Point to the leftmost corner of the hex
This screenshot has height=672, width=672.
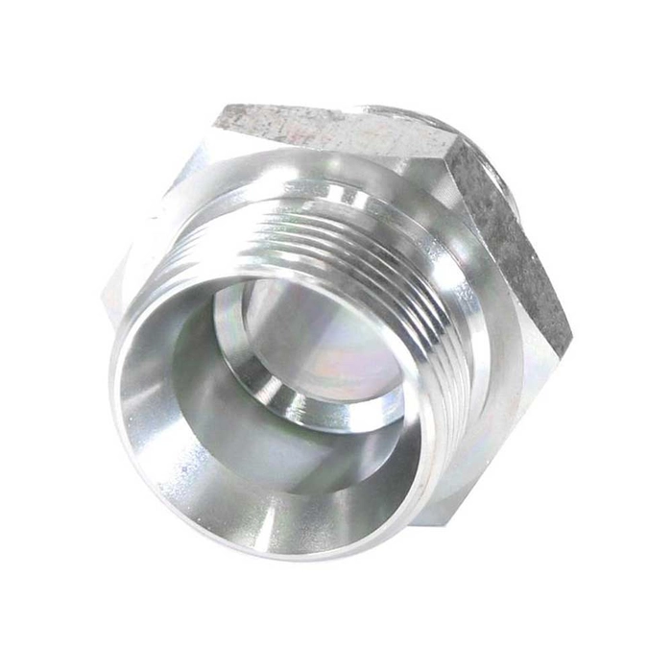click(x=104, y=293)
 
